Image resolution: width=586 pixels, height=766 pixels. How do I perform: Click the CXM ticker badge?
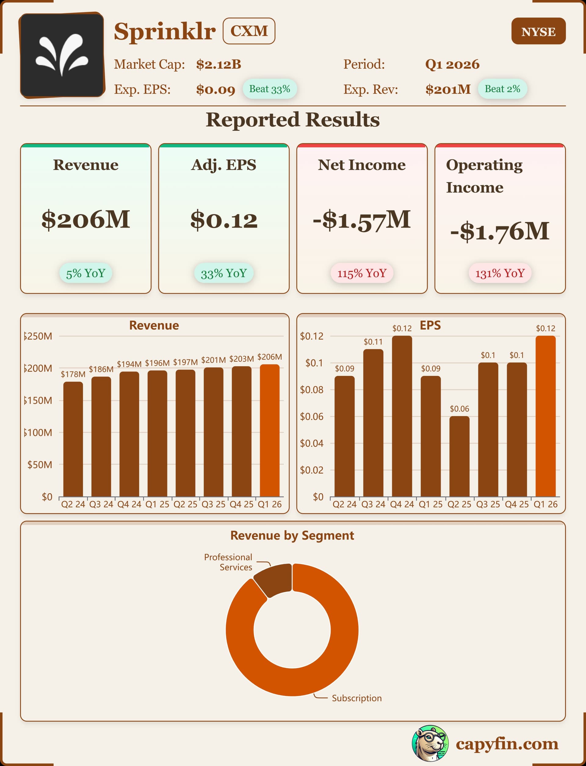[249, 31]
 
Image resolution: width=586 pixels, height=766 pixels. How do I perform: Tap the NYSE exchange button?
[538, 31]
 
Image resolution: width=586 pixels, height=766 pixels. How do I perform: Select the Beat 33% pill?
[269, 89]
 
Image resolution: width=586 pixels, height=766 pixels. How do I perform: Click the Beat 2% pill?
[502, 89]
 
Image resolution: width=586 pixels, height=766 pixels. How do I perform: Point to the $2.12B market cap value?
[218, 64]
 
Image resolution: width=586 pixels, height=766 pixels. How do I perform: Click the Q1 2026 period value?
[452, 64]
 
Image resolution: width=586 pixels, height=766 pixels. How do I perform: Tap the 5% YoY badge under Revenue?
[85, 273]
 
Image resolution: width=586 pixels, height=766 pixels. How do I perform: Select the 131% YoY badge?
[500, 273]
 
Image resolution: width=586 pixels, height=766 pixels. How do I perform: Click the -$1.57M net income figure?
[361, 220]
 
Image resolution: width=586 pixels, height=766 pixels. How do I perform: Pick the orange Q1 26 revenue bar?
[269, 430]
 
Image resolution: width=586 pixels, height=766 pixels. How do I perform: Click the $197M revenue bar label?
[185, 362]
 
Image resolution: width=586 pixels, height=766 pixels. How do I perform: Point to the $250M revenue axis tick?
[38, 336]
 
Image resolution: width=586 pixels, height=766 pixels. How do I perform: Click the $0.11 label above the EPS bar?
[373, 342]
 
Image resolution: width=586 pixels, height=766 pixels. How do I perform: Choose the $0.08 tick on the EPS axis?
[312, 390]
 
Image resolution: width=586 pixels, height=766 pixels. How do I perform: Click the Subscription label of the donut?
[356, 698]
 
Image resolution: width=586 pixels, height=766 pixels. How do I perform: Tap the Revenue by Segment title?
[292, 535]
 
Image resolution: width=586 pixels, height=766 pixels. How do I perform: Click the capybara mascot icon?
[430, 743]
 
